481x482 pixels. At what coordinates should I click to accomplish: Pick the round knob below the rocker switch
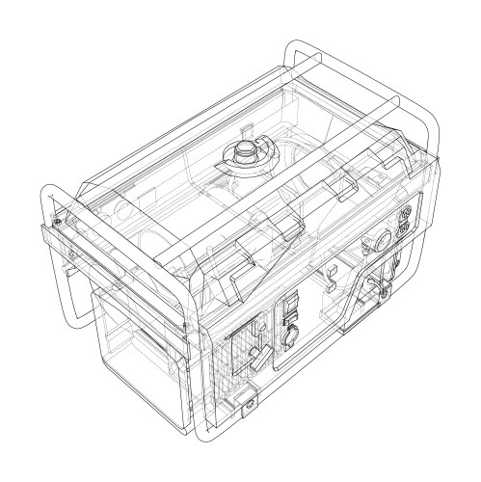click(288, 337)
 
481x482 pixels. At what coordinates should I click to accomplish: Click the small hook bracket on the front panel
click(330, 278)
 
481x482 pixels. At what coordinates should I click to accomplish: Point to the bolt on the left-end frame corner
click(60, 221)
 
